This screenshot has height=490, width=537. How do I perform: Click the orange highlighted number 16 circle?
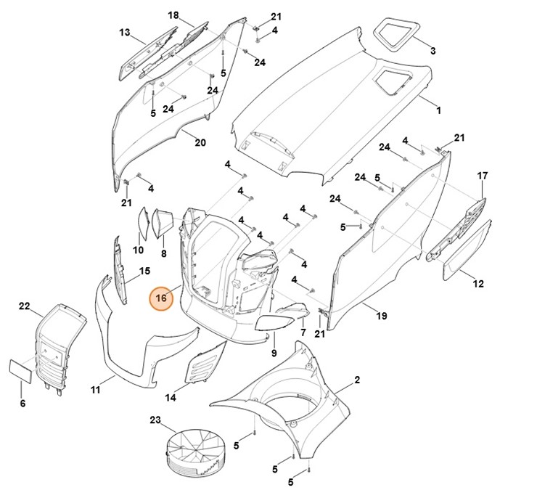point(161,298)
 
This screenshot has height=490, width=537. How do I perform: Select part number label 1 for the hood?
point(438,110)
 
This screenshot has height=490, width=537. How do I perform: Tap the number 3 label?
point(433,51)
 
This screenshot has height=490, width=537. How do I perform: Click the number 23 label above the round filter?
point(155,420)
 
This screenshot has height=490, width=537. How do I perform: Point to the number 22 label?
point(24,306)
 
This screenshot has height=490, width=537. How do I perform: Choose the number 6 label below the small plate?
point(22,403)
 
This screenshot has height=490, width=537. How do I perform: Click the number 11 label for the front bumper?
point(95,391)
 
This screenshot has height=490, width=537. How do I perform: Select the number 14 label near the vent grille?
point(171,397)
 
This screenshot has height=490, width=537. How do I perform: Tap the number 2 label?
point(357,380)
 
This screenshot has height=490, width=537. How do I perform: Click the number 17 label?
point(483,176)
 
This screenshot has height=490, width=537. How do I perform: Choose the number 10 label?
point(138,250)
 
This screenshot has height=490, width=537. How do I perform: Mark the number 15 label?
point(144,271)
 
